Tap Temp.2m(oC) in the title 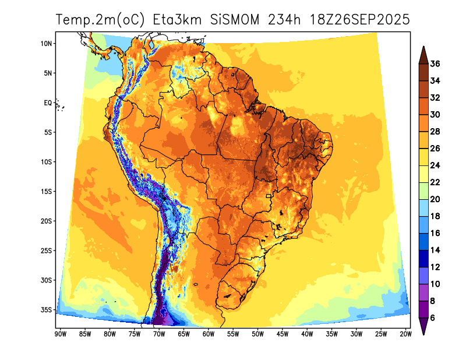click(x=101, y=20)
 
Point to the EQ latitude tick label click(x=48, y=103)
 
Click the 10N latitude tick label click(x=47, y=44)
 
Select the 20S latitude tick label click(x=47, y=221)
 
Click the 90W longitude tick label click(x=59, y=334)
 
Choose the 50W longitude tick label click(x=257, y=334)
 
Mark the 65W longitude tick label click(x=183, y=334)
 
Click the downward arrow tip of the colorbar click(x=423, y=334)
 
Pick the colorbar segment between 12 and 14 click(x=423, y=258)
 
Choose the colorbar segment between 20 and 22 click(x=423, y=190)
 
